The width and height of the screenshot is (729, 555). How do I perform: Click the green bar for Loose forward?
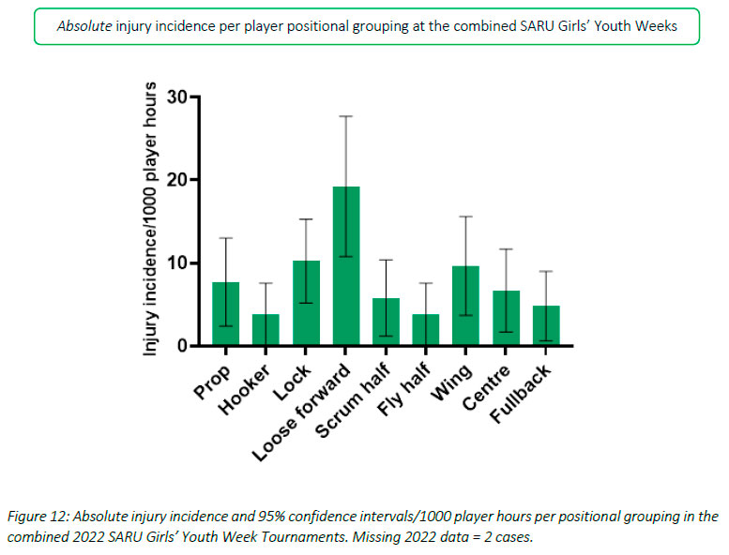pos(346,266)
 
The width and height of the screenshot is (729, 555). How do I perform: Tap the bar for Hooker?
pos(266,329)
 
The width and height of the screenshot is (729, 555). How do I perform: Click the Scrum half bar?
pos(387,322)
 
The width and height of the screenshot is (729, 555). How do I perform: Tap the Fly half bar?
pos(427,329)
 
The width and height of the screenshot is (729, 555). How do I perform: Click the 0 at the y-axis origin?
pos(181,346)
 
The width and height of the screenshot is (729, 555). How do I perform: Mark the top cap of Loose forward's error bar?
pos(346,115)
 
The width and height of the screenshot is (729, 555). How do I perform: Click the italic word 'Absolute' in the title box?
pos(84,25)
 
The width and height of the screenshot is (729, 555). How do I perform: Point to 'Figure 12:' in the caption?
pos(43,517)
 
